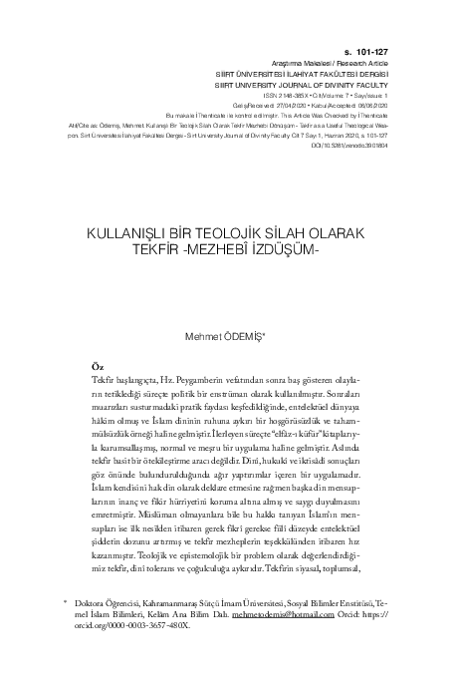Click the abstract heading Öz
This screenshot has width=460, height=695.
point(96,368)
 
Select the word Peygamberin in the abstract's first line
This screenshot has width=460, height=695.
point(215,382)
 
